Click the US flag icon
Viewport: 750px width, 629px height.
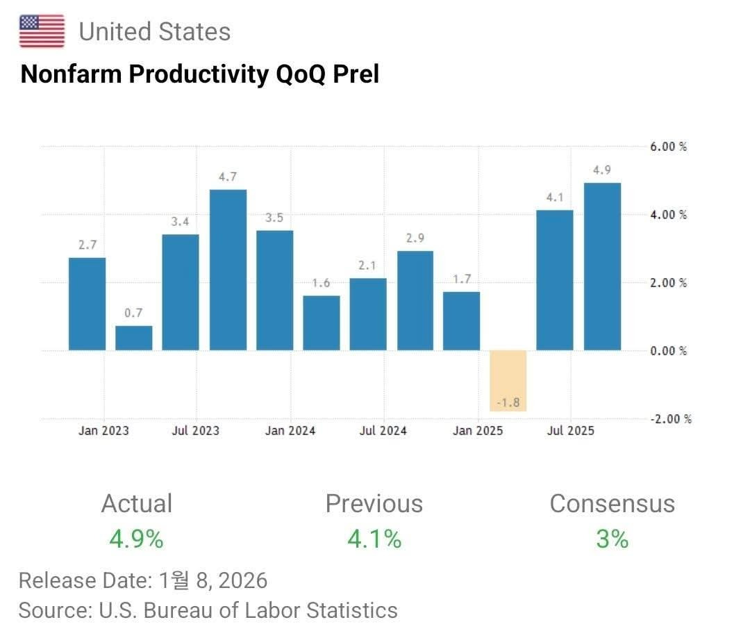pos(42,31)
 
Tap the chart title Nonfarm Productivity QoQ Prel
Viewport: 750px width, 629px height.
pos(200,74)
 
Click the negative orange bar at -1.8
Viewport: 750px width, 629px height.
pos(508,380)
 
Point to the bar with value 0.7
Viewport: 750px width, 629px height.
pos(133,338)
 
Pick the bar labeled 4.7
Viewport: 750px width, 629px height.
pos(228,270)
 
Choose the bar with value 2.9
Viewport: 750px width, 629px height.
pos(415,300)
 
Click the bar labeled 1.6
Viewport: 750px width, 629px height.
pos(322,322)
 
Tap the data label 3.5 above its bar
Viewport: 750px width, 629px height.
pos(274,218)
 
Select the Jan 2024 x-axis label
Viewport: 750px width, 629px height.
pos(290,431)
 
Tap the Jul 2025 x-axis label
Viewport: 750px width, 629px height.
pos(570,431)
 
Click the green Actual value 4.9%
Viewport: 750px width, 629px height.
pos(136,538)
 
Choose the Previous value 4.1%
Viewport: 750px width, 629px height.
pos(374,538)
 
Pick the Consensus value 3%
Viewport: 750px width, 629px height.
pos(612,538)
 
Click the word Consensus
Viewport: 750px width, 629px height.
pos(612,504)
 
